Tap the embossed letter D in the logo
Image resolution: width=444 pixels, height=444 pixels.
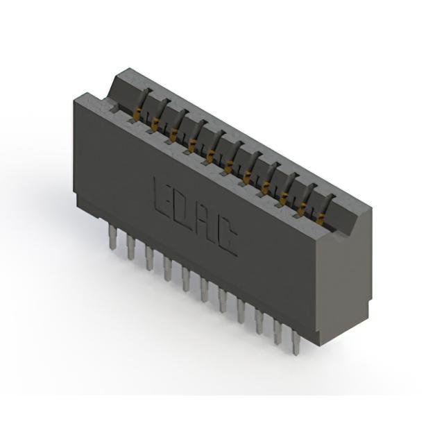click(x=183, y=210)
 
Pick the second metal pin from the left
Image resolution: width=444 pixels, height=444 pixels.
click(x=130, y=248)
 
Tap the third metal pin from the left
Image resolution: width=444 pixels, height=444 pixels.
click(x=148, y=257)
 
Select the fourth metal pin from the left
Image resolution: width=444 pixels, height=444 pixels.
click(x=167, y=268)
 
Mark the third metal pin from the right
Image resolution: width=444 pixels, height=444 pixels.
click(x=259, y=321)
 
